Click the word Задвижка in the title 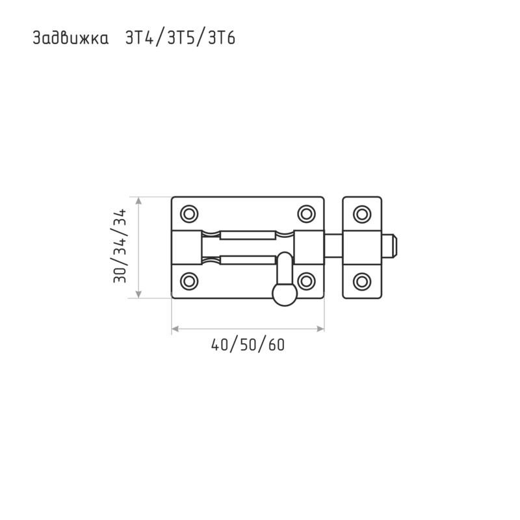click(71, 38)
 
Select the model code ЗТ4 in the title click(140, 38)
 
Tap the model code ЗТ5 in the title click(181, 38)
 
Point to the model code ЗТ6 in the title click(222, 38)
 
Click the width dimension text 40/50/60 click(248, 345)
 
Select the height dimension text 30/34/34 click(120, 246)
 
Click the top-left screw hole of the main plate click(189, 214)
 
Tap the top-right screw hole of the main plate click(306, 214)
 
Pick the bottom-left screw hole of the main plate click(189, 281)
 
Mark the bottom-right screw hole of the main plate click(306, 281)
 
